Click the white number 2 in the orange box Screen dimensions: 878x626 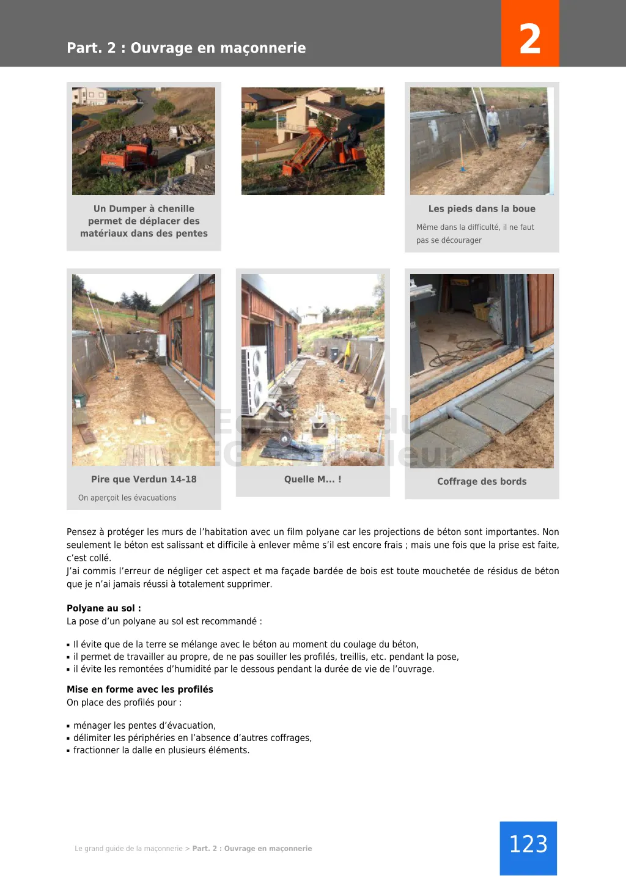click(x=529, y=39)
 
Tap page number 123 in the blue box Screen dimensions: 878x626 click(x=528, y=844)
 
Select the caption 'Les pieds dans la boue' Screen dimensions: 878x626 click(x=482, y=208)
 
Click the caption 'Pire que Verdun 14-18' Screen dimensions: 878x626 click(x=144, y=479)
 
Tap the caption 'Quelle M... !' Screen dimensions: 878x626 click(x=312, y=479)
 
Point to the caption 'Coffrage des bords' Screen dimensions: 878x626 click(x=482, y=481)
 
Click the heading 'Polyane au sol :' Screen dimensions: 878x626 click(x=104, y=608)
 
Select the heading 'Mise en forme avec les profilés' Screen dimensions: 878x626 click(x=140, y=689)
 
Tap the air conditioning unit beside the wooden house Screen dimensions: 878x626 click(x=254, y=379)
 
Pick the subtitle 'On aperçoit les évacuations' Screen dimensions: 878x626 click(x=127, y=498)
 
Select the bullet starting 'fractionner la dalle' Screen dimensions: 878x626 click(x=161, y=750)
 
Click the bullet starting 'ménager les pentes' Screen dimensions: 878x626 click(x=144, y=726)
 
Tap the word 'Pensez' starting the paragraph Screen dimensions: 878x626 click(x=81, y=532)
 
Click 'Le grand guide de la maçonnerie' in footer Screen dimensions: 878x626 click(x=128, y=849)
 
